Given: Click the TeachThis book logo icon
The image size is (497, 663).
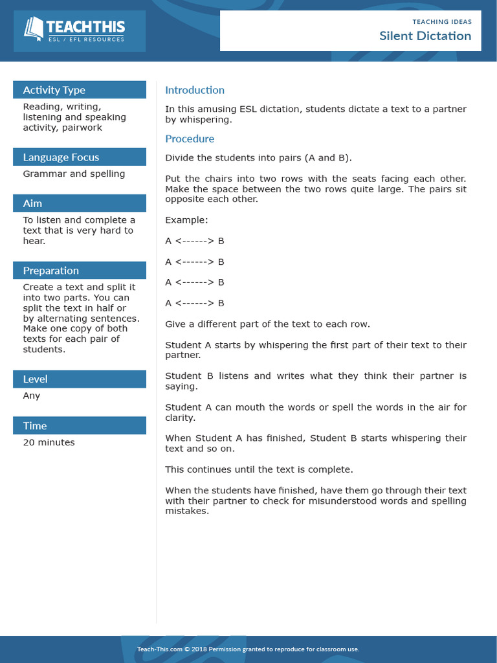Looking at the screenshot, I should (x=34, y=28).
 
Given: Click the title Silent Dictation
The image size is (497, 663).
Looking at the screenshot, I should (x=425, y=36).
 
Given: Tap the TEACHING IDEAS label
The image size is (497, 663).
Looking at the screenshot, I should (x=442, y=22).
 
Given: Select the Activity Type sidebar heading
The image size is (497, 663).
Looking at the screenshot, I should (x=54, y=90).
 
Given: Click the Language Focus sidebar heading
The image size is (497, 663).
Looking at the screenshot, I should (x=61, y=157).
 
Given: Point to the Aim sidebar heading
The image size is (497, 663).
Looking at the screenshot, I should (x=32, y=203).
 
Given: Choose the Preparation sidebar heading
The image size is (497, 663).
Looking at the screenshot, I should (x=50, y=271).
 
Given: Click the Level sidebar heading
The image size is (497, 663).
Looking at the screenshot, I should (x=35, y=379).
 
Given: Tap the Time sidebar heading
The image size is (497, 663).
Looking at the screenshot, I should (x=35, y=426).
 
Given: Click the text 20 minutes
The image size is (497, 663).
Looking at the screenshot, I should (x=49, y=443).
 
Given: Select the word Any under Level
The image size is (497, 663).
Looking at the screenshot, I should (x=31, y=396).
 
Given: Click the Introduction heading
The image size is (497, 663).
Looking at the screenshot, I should (x=195, y=90).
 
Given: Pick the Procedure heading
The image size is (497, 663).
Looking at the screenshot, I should (x=190, y=139).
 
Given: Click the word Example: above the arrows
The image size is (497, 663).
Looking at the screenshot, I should (x=186, y=220).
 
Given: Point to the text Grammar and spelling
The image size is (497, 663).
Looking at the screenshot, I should (x=74, y=174).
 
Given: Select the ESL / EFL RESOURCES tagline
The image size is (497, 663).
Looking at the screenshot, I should (x=86, y=40).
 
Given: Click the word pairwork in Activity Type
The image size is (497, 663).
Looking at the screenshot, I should (x=82, y=128).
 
